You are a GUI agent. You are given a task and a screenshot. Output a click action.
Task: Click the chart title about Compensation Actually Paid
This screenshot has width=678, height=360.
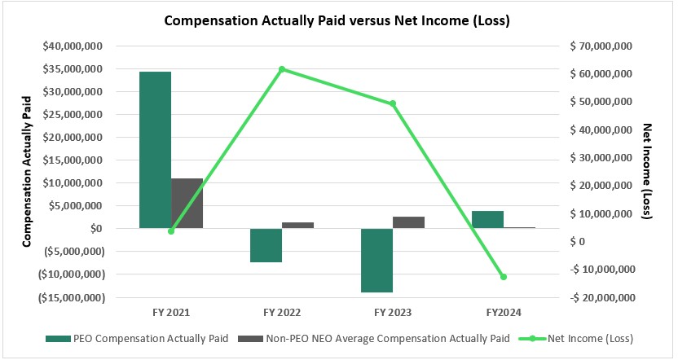(337, 21)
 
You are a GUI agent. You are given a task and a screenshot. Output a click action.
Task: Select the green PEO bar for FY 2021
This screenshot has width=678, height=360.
(155, 150)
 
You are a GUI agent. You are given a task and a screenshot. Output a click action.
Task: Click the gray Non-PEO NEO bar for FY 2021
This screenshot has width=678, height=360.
(187, 203)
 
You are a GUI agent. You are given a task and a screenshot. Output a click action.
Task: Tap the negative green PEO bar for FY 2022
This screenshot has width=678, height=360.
(266, 245)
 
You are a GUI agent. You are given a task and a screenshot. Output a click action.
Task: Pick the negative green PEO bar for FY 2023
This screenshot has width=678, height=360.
(376, 260)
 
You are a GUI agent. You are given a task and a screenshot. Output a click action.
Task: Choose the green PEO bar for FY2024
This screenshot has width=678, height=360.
(487, 219)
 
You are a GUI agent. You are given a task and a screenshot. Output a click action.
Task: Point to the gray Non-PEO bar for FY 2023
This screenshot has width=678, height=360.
(408, 222)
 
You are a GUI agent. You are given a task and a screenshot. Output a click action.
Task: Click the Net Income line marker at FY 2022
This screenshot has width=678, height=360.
(282, 69)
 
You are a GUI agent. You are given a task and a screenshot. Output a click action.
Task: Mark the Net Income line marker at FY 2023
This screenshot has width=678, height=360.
(393, 103)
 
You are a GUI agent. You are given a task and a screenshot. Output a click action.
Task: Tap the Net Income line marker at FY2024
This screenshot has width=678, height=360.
(504, 277)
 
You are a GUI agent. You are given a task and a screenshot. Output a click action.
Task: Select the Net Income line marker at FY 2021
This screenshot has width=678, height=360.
(171, 231)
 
